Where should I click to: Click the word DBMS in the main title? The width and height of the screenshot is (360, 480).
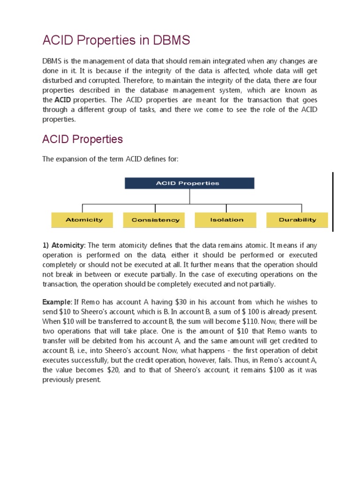tap(172, 41)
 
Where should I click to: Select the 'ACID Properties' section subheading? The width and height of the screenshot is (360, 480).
tap(82, 139)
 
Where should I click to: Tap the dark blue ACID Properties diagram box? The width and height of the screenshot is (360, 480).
tap(189, 183)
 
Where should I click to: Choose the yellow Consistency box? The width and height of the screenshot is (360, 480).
tap(155, 220)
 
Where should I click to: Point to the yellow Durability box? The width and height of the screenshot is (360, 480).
tap(297, 220)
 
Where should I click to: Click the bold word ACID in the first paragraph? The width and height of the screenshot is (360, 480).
tap(62, 100)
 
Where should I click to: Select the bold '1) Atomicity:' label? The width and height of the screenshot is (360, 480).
tap(64, 245)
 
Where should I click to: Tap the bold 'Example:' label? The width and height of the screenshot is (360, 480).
tap(57, 302)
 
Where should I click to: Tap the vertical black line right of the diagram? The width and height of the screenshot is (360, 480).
tap(333, 202)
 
